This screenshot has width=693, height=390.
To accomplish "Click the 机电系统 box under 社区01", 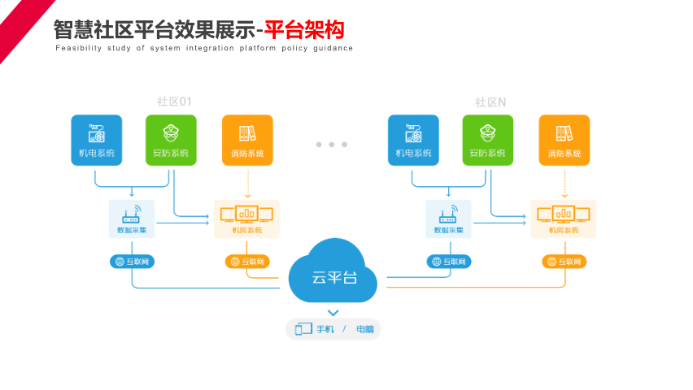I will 97,140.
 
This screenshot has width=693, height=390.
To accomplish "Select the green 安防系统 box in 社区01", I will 171,140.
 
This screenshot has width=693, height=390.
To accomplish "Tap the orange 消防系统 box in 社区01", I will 247,140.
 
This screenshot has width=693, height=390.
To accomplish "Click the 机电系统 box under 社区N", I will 413,140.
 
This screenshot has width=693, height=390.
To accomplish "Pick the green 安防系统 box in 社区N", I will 488,140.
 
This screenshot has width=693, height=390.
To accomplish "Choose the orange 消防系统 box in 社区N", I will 564,140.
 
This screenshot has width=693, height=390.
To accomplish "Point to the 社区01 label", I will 174,102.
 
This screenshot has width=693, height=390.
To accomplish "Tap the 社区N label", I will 490,102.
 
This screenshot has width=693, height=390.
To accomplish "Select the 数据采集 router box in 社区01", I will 132,219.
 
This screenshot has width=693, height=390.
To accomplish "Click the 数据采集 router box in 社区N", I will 448,219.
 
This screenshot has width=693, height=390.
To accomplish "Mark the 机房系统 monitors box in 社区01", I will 246,219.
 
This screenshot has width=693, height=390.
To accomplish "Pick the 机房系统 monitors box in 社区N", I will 564,219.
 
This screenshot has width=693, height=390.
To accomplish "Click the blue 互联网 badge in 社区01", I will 133,262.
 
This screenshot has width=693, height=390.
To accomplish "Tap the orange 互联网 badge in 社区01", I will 247,262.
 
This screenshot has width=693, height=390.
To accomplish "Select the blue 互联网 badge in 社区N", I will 449,262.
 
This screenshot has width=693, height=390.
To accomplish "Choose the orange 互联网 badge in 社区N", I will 564,262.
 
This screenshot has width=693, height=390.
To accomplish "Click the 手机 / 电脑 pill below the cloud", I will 333,329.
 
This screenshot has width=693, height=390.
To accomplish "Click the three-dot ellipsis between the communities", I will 332,145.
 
